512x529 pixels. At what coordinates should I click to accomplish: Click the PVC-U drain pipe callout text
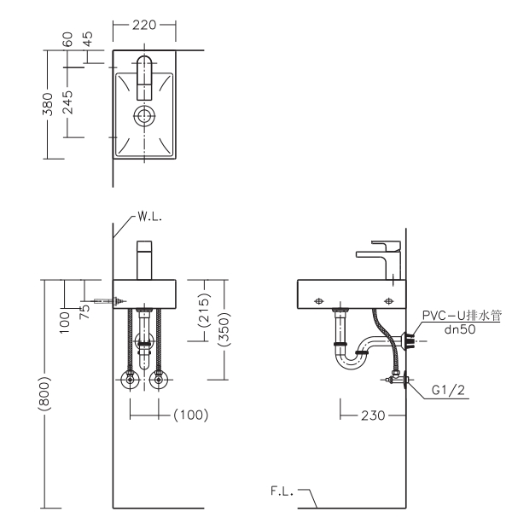pyautogui.click(x=462, y=316)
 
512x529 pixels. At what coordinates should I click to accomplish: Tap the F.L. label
pyautogui.click(x=280, y=491)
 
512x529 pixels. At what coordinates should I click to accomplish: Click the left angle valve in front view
pyautogui.click(x=130, y=381)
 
